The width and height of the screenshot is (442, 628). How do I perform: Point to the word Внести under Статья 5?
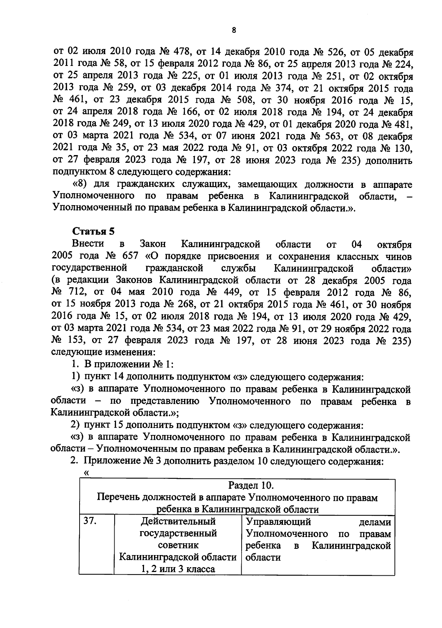[x=88, y=244]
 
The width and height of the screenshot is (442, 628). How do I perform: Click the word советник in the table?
[x=178, y=545]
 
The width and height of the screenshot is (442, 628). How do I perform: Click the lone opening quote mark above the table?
[x=87, y=473]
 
